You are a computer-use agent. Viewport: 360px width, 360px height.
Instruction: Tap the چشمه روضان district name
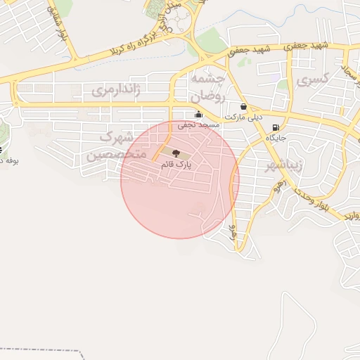pyautogui.click(x=207, y=85)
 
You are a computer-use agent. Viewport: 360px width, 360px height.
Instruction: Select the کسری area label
pyautogui.click(x=312, y=81)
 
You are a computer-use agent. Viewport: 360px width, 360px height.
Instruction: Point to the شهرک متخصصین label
pyautogui.click(x=116, y=146)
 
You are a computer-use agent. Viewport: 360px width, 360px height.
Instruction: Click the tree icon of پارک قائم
pyautogui.click(x=176, y=153)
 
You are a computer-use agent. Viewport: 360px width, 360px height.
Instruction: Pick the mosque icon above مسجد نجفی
pyautogui.click(x=198, y=115)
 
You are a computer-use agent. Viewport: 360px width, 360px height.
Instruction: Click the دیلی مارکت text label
pyautogui.click(x=243, y=117)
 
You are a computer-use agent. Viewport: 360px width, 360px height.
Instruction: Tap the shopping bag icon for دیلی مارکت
pyautogui.click(x=243, y=107)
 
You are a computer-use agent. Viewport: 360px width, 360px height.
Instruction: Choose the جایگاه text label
pyautogui.click(x=275, y=139)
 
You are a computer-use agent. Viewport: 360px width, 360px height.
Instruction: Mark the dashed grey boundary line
pyautogui.click(x=42, y=349)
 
